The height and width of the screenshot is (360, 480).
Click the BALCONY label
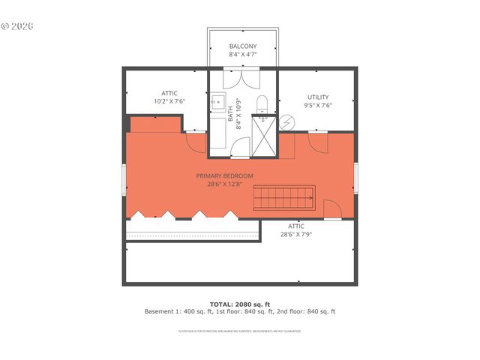[x=242, y=46]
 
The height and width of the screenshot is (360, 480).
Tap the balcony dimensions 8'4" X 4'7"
[x=242, y=55]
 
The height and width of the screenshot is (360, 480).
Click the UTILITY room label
[x=318, y=97]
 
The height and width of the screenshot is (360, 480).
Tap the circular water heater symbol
[x=288, y=123]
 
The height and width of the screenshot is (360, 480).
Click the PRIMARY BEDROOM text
[x=225, y=175]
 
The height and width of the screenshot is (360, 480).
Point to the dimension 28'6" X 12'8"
[x=225, y=184]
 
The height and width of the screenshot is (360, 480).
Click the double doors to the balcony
[x=242, y=79]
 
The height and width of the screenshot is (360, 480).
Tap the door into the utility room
[x=318, y=139]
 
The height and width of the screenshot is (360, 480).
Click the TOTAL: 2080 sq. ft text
[x=240, y=304]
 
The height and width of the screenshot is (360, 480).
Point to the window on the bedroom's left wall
[x=124, y=178]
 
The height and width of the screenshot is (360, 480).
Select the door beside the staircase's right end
[x=331, y=209]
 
